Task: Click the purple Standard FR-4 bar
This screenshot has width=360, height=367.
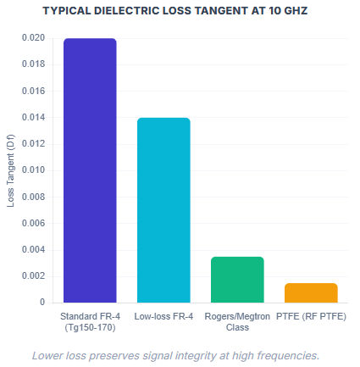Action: [x=89, y=170]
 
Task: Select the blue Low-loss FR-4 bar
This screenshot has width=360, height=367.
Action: [x=163, y=209]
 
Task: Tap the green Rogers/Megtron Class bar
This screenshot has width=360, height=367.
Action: [x=237, y=279]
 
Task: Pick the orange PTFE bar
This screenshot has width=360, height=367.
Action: [x=311, y=292]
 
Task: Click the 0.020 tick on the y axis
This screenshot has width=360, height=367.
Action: [x=34, y=38]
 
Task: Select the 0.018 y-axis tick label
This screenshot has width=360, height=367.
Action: [x=34, y=64]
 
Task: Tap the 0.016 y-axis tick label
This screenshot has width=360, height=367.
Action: [x=34, y=91]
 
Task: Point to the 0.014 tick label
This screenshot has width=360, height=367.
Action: [x=34, y=117]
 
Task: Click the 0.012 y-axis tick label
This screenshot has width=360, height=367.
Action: [x=34, y=143]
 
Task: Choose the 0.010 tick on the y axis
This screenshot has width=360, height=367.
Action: [x=34, y=170]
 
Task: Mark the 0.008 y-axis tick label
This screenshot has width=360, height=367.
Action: [x=34, y=197]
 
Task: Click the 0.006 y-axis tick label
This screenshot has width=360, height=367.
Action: [x=34, y=223]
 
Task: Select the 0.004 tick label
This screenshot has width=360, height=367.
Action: [x=34, y=249]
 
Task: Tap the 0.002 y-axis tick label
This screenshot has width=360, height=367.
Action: [x=34, y=275]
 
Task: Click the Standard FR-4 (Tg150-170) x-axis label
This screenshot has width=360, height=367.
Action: [x=89, y=321]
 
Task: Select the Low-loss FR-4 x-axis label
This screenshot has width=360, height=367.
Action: [x=163, y=316]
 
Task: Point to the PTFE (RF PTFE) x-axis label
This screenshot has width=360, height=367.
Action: [x=311, y=316]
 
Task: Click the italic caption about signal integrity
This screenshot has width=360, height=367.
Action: [x=175, y=354]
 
